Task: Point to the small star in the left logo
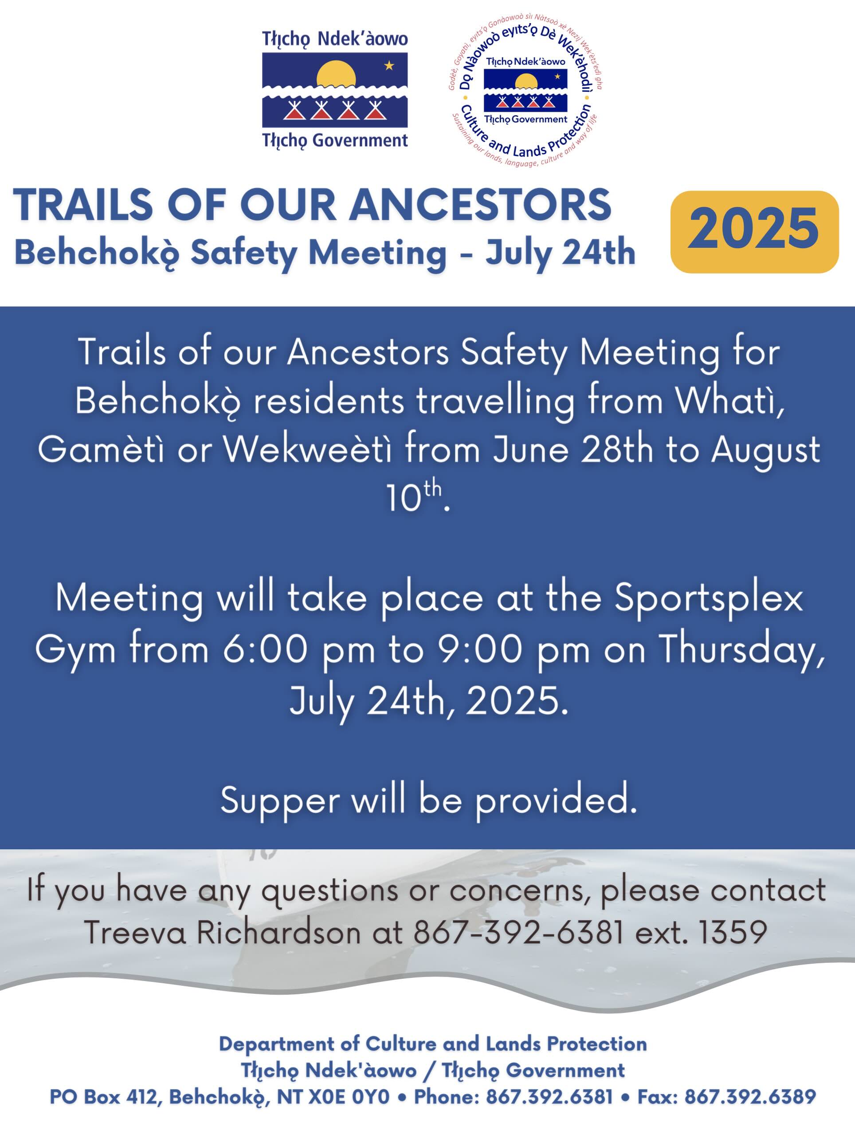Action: click(x=389, y=66)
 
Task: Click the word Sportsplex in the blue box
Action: click(x=709, y=599)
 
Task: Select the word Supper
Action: click(x=280, y=802)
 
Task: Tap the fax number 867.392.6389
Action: click(x=750, y=1097)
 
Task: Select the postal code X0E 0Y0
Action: click(x=349, y=1097)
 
